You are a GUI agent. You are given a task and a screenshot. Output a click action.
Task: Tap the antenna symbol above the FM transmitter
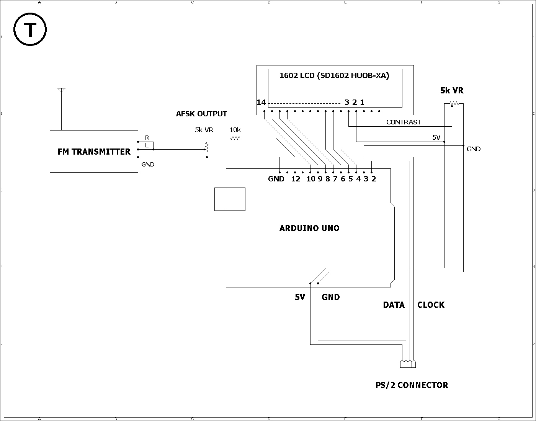[x=61, y=108]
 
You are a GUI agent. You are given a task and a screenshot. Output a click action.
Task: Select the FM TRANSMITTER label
[x=94, y=152]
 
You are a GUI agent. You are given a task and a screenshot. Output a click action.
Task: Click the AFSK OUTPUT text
[x=201, y=114]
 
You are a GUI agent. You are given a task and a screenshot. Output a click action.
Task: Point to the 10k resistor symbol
[x=235, y=138]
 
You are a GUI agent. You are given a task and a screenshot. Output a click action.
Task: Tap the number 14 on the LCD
[x=261, y=102]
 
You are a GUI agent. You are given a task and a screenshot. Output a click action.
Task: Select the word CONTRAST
[x=404, y=122]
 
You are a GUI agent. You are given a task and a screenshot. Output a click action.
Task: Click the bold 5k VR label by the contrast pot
[x=452, y=90]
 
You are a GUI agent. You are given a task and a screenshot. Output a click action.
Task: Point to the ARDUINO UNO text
[x=309, y=228]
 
